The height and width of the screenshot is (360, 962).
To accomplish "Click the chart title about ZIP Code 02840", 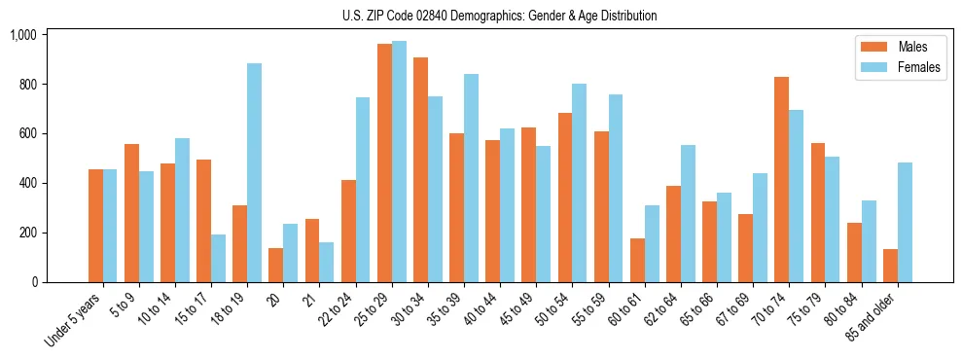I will [499, 16].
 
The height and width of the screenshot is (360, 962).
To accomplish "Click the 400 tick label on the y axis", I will [26, 183].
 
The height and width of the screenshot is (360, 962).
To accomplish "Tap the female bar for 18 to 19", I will [254, 172].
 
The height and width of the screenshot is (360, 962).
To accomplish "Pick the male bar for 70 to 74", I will [782, 179].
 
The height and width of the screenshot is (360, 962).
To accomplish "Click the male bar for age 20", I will [275, 265].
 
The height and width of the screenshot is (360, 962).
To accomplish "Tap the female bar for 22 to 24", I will [362, 190].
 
